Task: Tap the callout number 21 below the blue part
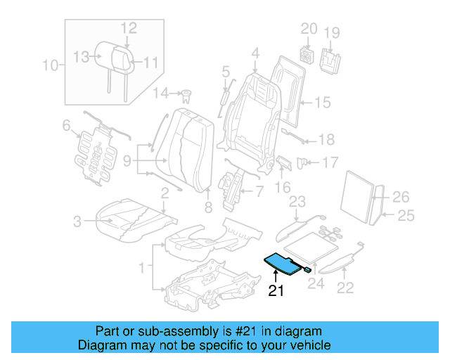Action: tap(276, 291)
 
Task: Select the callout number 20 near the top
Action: tap(309, 30)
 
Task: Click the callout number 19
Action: tap(331, 32)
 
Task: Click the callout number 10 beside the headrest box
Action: tap(49, 67)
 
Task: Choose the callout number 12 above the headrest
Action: tap(128, 28)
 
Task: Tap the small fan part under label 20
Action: tap(307, 54)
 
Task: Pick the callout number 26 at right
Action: tap(400, 196)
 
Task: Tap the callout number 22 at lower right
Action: tap(345, 287)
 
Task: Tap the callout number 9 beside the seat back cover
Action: tap(127, 161)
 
